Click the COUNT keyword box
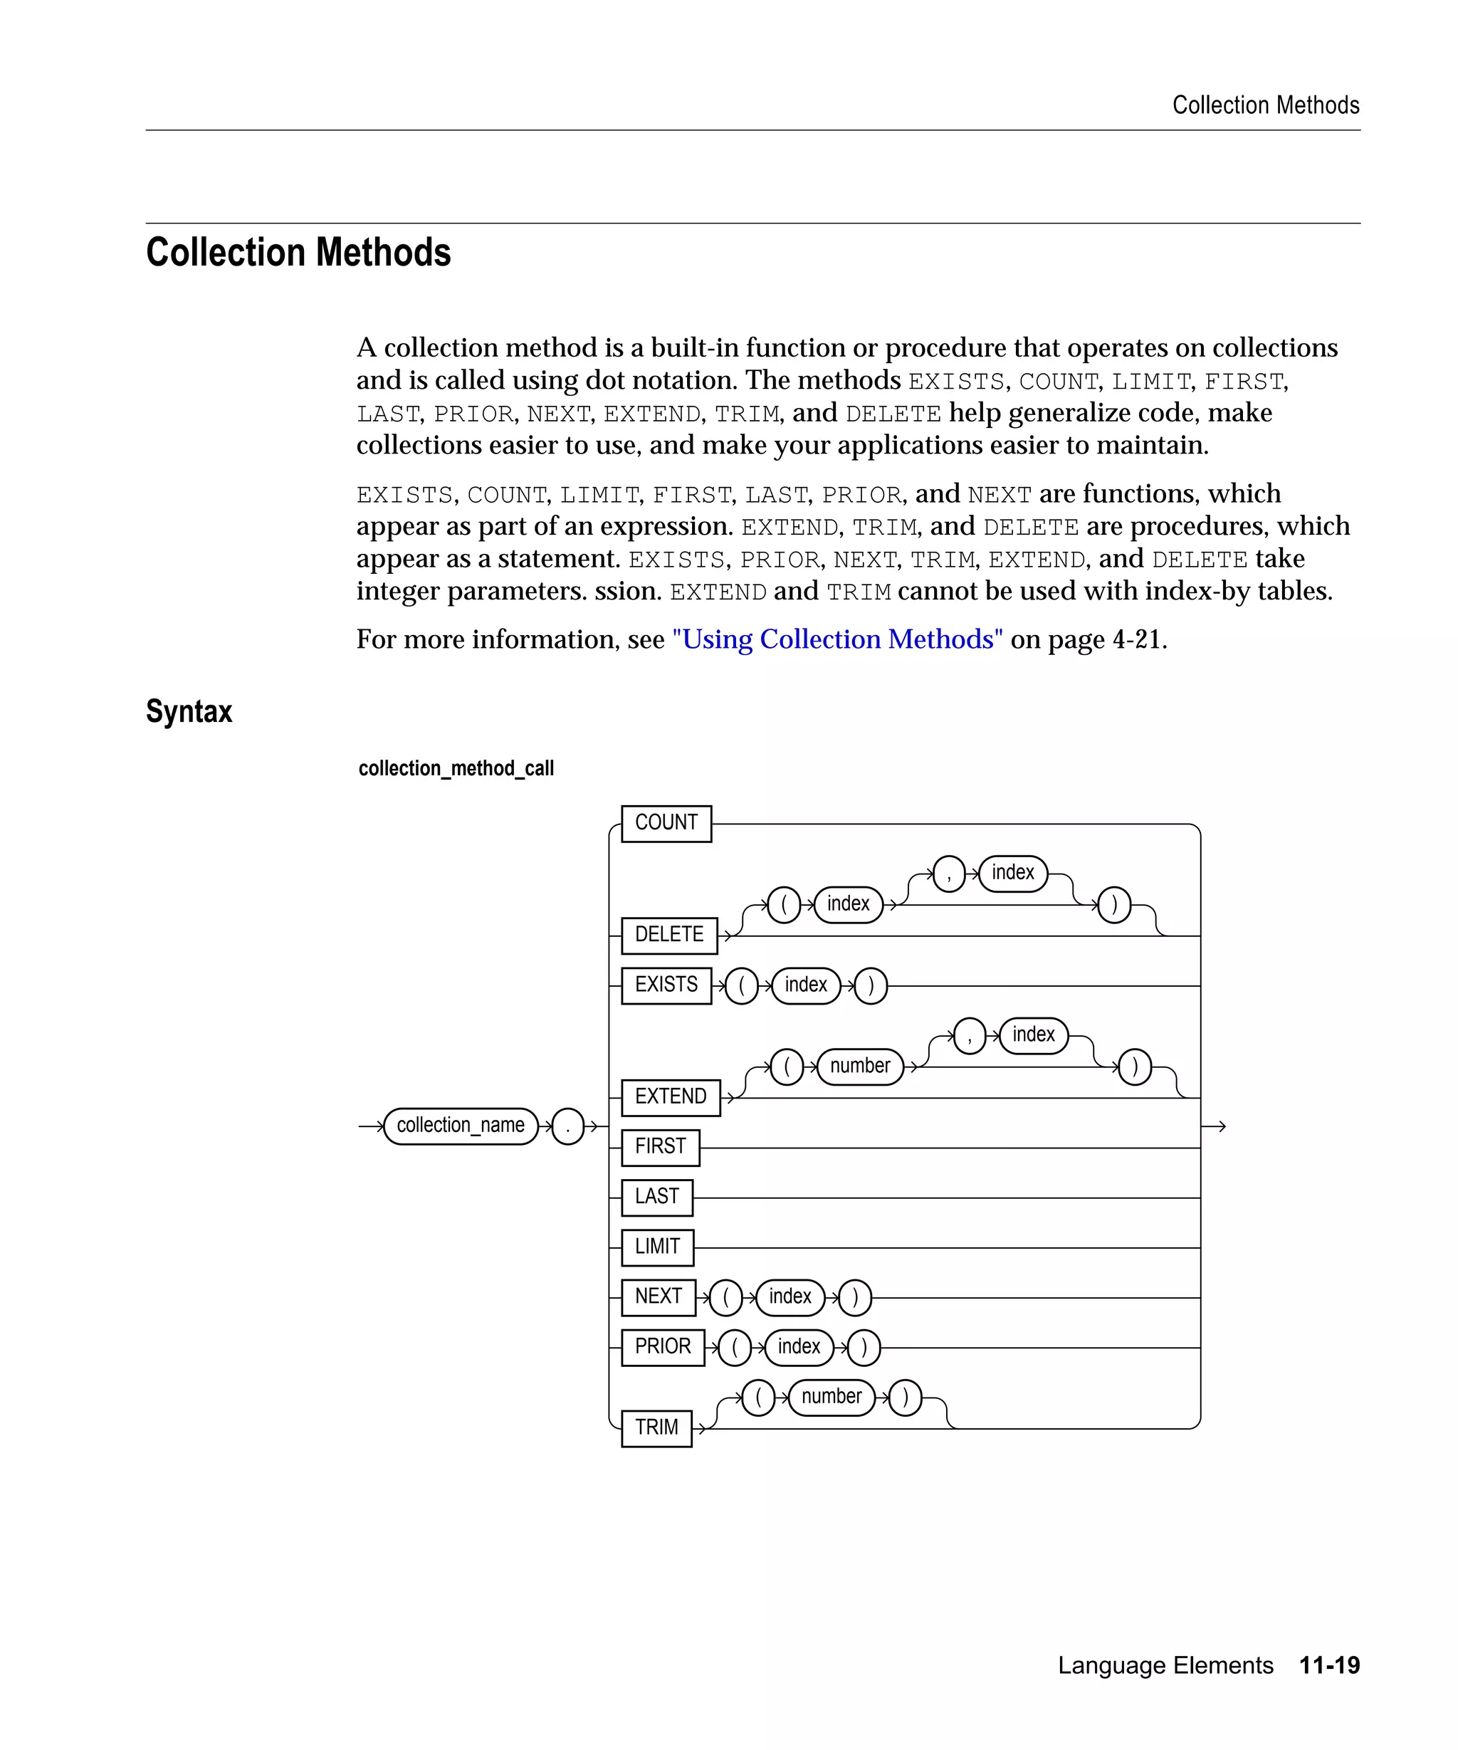pos(666,823)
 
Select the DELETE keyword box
pos(669,935)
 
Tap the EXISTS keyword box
pos(666,985)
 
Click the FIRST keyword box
pos(660,1148)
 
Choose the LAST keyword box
pos(656,1198)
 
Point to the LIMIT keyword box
pos(657,1247)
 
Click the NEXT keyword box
pos(659,1297)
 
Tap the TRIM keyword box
pos(656,1428)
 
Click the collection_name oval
pos(461,1126)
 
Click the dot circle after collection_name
pos(567,1126)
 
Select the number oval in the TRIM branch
pos(832,1398)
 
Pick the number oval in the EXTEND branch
pos(860,1067)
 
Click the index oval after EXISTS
pos(806,986)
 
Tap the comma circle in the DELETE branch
pos(949,874)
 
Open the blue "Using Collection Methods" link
pos(837,639)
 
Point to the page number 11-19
pos(1329,1665)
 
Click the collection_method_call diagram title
pos(456,768)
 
